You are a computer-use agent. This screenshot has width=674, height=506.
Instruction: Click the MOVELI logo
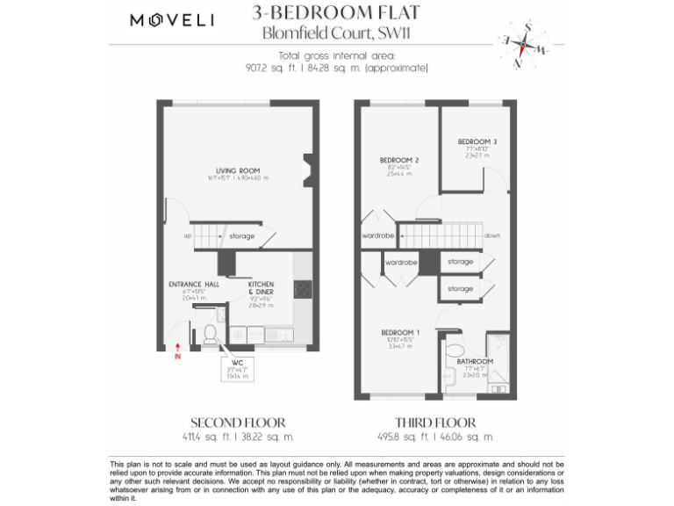coord(172,20)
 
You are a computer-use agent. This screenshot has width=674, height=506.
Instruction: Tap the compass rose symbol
coord(521,42)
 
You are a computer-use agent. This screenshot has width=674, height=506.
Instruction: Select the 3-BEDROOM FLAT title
coord(335,12)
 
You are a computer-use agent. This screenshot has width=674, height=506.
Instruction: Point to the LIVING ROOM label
coord(238,170)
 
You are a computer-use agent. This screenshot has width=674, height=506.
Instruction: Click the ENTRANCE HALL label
coord(193,285)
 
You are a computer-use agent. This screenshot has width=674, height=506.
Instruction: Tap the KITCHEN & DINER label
coord(262,288)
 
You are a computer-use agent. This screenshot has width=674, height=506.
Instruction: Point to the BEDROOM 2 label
coord(399,160)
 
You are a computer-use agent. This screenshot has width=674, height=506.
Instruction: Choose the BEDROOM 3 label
coord(477,141)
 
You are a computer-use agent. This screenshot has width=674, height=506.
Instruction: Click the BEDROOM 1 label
coord(399,332)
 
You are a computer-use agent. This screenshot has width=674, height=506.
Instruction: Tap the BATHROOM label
coord(475,361)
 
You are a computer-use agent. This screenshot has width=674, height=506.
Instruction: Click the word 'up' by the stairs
coord(188,235)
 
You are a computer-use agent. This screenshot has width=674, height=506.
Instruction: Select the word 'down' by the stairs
coord(491,235)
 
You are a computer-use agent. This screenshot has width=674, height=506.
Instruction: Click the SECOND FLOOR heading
coord(237,423)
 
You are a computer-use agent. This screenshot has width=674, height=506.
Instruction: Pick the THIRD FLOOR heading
coord(435,423)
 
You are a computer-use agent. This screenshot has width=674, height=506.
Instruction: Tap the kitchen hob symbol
coord(302,289)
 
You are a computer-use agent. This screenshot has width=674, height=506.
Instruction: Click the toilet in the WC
coord(211,334)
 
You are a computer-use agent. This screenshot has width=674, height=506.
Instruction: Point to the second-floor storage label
coord(242,235)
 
